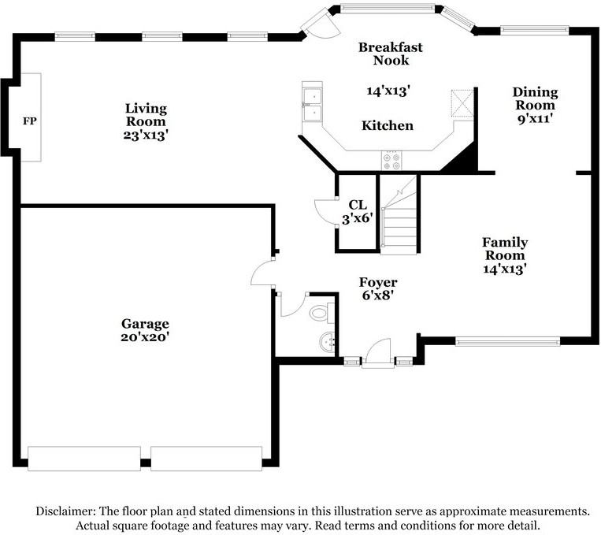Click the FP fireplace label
click(x=29, y=121)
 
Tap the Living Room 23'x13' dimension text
click(x=146, y=136)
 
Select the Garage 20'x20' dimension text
click(x=145, y=337)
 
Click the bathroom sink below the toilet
click(x=327, y=341)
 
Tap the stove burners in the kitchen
click(x=391, y=161)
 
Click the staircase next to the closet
click(x=399, y=215)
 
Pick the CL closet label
click(x=357, y=204)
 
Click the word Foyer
click(x=378, y=282)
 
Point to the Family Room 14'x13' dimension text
click(x=503, y=269)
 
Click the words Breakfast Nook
click(x=391, y=54)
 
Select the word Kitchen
click(x=388, y=125)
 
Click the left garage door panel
click(x=84, y=459)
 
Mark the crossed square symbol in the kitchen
click(x=462, y=102)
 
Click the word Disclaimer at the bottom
click(x=65, y=511)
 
